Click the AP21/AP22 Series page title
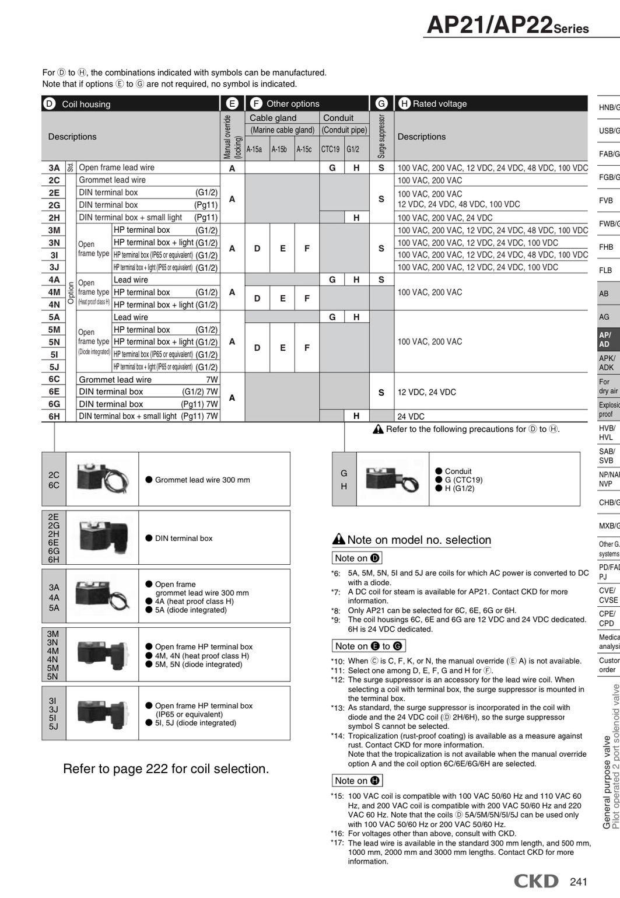507,25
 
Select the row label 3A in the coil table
54,168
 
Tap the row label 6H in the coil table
54,417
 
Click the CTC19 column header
330,149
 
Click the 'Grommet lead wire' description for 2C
112,180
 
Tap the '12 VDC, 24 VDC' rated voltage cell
426,392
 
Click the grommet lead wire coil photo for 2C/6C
102,479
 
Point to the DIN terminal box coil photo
102,538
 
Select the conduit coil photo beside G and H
392,479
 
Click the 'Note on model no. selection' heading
419,540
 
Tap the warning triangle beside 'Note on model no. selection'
338,540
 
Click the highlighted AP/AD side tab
607,340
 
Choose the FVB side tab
607,200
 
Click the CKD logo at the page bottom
535,881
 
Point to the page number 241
578,882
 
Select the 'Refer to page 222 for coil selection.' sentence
166,769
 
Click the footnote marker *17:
337,843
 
